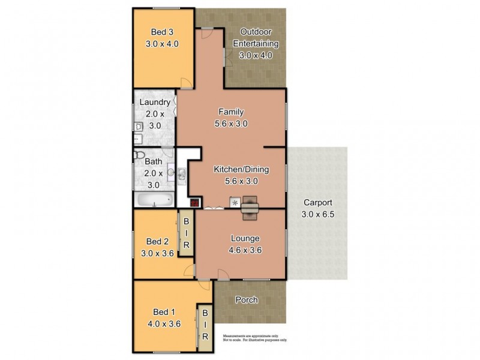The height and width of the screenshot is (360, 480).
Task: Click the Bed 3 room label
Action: click(x=162, y=32)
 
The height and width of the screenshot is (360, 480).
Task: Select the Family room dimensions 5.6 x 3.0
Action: click(x=231, y=124)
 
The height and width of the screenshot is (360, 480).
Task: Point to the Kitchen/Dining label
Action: click(x=241, y=170)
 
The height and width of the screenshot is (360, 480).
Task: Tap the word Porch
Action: click(x=247, y=300)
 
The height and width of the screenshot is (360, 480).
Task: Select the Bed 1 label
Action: click(x=164, y=312)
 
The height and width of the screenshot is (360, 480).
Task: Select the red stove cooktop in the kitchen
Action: click(x=195, y=202)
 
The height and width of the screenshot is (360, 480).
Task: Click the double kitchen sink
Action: click(x=182, y=174)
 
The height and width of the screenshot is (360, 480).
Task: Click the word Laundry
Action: click(x=155, y=102)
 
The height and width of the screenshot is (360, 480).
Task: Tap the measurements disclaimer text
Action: click(x=255, y=338)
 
